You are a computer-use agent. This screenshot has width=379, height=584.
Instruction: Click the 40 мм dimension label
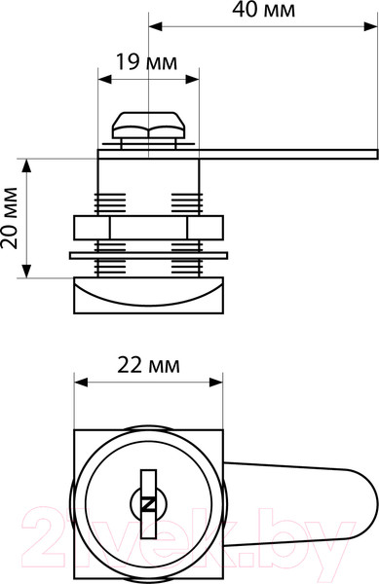[263, 11]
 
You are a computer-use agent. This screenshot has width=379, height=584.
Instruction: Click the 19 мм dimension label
[147, 62]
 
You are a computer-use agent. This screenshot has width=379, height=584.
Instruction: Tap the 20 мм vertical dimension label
[10, 218]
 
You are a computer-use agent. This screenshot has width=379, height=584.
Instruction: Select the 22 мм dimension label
[148, 365]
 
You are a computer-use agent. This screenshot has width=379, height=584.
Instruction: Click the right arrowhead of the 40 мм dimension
[371, 26]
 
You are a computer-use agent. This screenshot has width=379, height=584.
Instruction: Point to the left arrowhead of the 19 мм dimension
[104, 79]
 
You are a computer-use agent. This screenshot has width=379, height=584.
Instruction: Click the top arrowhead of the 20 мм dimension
[26, 165]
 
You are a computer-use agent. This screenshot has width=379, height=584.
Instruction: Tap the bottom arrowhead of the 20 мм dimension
[26, 271]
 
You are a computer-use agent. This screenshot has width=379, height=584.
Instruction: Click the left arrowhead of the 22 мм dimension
[81, 383]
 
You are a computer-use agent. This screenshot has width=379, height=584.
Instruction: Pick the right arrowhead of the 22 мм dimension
[216, 383]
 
